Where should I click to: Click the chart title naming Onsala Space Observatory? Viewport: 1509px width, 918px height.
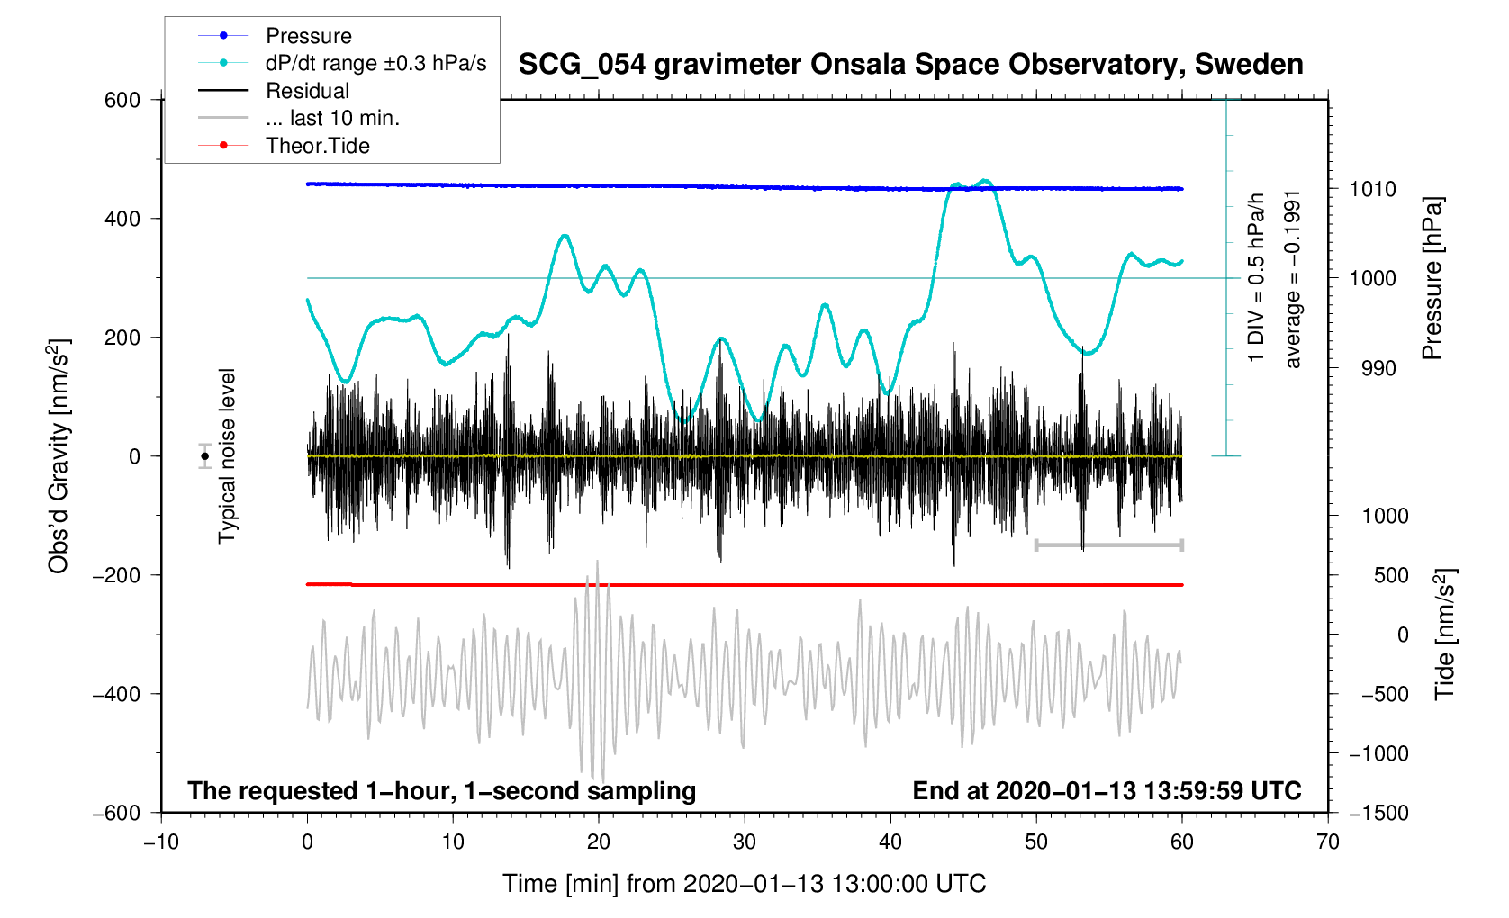click(910, 65)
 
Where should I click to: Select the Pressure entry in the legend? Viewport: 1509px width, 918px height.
click(308, 36)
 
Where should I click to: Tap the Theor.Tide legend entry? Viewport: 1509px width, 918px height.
click(317, 146)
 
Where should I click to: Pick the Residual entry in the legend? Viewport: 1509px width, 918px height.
click(307, 91)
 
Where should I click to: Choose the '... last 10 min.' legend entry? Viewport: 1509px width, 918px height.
click(332, 119)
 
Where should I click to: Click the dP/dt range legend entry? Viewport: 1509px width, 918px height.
click(375, 63)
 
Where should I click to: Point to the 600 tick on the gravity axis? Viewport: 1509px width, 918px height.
click(122, 100)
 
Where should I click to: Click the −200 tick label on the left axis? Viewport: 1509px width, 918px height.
click(116, 575)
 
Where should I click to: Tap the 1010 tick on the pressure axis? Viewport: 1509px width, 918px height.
click(1372, 189)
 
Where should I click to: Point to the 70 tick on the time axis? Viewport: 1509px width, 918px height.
click(1327, 842)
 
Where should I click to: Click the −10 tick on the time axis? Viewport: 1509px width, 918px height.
click(161, 842)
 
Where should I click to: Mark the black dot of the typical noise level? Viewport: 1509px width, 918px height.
click(205, 456)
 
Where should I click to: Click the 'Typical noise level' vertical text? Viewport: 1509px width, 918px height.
click(227, 455)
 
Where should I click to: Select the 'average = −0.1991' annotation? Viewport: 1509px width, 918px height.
click(1293, 279)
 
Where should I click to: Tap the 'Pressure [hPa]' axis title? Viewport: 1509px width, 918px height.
click(1432, 279)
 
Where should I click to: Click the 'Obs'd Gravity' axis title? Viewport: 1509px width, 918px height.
click(59, 455)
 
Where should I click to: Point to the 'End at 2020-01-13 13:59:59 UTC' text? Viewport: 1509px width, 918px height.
click(1107, 791)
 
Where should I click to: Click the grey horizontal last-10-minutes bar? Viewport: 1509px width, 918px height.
click(1108, 544)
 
